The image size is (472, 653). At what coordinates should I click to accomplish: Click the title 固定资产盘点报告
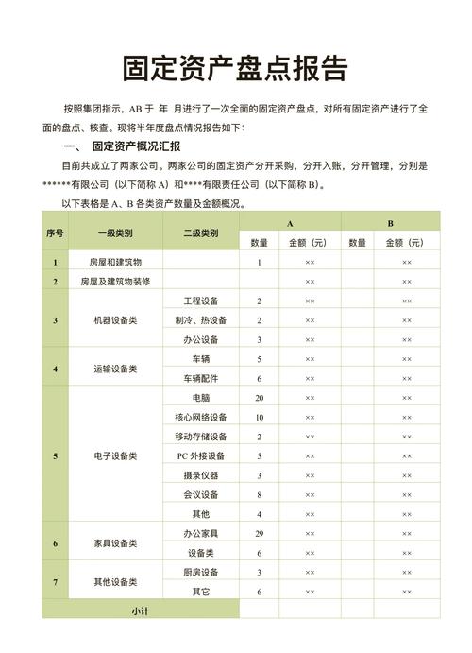[x=235, y=68]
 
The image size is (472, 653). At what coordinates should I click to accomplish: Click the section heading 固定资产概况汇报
[x=136, y=147]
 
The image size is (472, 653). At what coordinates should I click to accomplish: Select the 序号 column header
[x=55, y=232]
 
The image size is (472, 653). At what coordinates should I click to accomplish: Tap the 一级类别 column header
[x=114, y=232]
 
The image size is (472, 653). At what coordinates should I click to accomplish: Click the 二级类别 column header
[x=201, y=232]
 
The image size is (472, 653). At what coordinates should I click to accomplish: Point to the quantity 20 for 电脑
[x=259, y=398]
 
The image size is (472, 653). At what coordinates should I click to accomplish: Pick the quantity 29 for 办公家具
[x=259, y=534]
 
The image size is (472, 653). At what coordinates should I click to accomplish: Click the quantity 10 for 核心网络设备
[x=259, y=418]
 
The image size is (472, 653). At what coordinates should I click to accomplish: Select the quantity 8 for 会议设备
[x=259, y=494]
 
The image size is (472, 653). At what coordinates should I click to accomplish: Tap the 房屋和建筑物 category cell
[x=114, y=262]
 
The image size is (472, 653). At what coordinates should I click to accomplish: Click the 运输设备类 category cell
[x=114, y=369]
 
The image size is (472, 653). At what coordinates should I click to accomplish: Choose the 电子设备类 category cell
[x=114, y=456]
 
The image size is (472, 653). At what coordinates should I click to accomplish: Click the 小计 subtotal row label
[x=141, y=611]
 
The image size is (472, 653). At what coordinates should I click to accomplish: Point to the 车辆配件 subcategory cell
[x=201, y=378]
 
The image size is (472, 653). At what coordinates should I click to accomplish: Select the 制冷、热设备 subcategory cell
[x=201, y=320]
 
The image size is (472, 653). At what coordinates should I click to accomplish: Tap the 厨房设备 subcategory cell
[x=201, y=572]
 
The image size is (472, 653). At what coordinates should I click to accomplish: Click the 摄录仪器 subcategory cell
[x=201, y=475]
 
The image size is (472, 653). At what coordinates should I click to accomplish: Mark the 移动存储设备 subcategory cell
[x=201, y=437]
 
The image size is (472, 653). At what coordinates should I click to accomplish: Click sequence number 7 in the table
[x=55, y=582]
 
